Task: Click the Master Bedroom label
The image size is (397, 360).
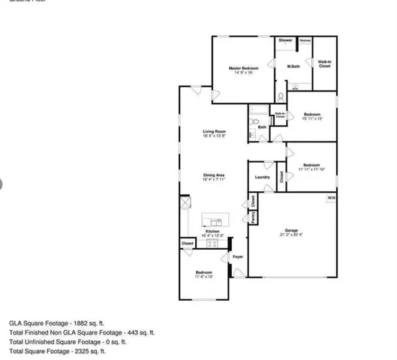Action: click(243, 68)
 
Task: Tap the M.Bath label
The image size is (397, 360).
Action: click(293, 68)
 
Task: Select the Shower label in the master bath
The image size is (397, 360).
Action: click(285, 40)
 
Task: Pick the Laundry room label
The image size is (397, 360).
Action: click(262, 177)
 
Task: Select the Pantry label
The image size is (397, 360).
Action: click(254, 217)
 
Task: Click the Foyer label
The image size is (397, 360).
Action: click(237, 257)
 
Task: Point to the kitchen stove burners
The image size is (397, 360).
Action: click(212, 243)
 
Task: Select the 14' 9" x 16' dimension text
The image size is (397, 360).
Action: click(243, 73)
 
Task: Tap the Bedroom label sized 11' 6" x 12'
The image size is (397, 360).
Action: click(204, 271)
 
